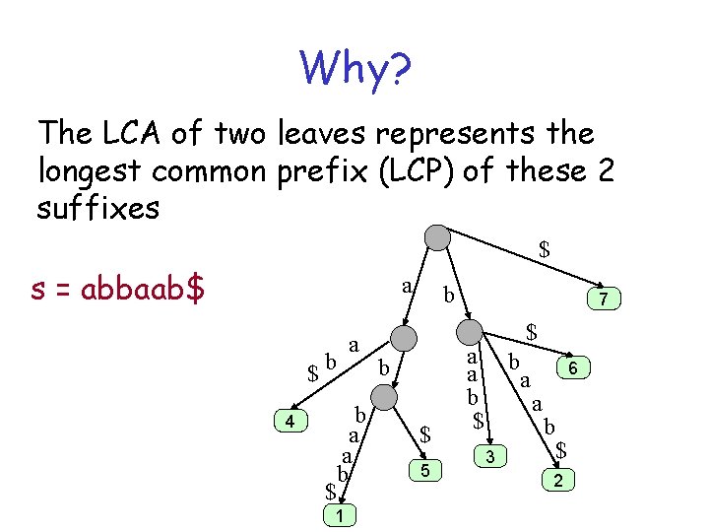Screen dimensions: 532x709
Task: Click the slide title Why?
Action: (356, 69)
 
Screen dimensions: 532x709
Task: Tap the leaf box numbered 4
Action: (289, 422)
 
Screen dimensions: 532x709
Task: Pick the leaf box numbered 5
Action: (424, 472)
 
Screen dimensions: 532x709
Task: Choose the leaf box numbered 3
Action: (490, 455)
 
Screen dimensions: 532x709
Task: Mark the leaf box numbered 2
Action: (558, 480)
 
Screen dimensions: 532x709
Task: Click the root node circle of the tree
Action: (436, 237)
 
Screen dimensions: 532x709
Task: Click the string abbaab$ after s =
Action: (143, 291)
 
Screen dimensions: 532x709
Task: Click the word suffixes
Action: (98, 209)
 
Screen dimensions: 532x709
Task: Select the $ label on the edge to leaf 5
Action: (425, 432)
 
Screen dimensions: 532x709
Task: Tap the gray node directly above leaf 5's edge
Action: (386, 397)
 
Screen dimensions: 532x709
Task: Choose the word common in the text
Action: (215, 171)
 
